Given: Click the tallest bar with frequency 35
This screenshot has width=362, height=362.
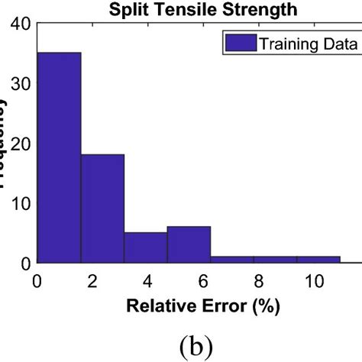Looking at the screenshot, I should (x=59, y=157).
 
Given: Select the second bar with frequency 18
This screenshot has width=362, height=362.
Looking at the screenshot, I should (x=102, y=208).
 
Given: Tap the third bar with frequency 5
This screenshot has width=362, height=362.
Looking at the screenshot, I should (x=146, y=247).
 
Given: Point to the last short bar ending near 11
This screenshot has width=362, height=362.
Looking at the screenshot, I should (x=318, y=260).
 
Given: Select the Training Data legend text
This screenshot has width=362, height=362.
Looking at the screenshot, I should (x=309, y=44).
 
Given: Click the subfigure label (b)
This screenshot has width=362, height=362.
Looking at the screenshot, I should (x=198, y=341).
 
